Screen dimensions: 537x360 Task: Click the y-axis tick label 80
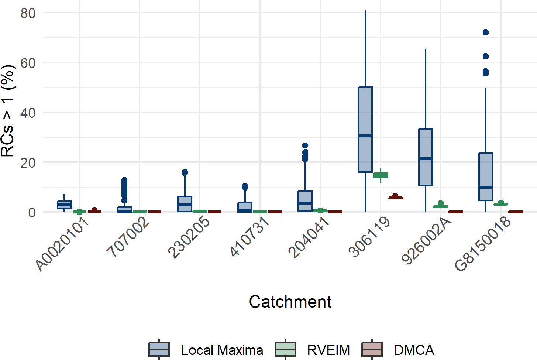(x=28, y=13)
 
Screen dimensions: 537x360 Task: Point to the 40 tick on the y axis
(x=28, y=113)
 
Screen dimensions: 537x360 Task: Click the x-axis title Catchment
(x=290, y=302)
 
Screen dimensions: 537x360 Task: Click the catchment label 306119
(x=369, y=236)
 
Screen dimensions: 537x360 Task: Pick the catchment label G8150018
(x=483, y=243)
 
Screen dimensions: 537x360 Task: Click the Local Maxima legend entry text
(x=222, y=350)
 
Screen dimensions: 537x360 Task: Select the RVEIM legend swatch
(x=285, y=349)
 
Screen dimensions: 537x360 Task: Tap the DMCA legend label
(x=414, y=350)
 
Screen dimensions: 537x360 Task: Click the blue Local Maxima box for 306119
(x=365, y=130)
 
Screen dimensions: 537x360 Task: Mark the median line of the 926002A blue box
(x=426, y=158)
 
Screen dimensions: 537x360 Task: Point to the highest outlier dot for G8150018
(x=486, y=32)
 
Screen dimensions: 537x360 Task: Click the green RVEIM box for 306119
(x=380, y=175)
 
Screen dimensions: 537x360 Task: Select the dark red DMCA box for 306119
(x=395, y=198)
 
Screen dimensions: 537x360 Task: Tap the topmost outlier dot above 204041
(x=305, y=145)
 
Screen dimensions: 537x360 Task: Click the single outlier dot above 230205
(x=185, y=172)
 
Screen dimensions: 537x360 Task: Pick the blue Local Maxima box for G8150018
(x=486, y=177)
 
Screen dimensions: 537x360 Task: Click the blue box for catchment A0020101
(x=64, y=205)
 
